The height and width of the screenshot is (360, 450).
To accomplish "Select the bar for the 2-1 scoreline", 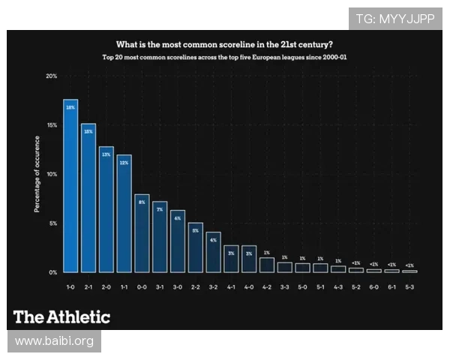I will [x=88, y=198].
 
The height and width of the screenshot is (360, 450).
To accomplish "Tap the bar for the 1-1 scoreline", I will [x=124, y=214].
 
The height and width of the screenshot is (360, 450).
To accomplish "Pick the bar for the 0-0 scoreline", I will [x=142, y=233].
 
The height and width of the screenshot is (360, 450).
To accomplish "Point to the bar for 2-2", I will [x=196, y=247].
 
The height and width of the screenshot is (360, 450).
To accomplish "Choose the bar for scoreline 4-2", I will [x=267, y=265].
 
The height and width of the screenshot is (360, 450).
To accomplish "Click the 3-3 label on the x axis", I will [x=284, y=286].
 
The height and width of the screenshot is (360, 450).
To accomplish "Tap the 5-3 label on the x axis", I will [x=409, y=286].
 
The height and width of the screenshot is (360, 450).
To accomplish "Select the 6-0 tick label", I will [x=373, y=286].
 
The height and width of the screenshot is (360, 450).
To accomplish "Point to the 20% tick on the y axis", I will [x=51, y=76].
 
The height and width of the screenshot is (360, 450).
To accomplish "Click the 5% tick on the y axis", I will [x=52, y=223].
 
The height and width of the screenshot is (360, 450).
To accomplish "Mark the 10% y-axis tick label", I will [x=51, y=174].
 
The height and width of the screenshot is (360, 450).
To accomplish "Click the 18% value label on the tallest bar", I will [x=70, y=108].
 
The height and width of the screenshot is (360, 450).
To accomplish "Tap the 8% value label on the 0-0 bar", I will [x=142, y=202].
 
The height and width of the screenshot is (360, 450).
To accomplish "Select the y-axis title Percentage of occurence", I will [x=37, y=174].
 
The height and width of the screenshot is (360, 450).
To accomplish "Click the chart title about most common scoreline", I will [x=225, y=43].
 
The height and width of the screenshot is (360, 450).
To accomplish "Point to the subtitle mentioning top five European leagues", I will [x=225, y=57].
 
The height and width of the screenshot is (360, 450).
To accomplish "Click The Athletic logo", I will [x=62, y=316].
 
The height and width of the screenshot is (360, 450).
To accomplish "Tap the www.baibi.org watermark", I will [x=54, y=341].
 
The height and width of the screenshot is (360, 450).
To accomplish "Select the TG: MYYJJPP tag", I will [x=395, y=19].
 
